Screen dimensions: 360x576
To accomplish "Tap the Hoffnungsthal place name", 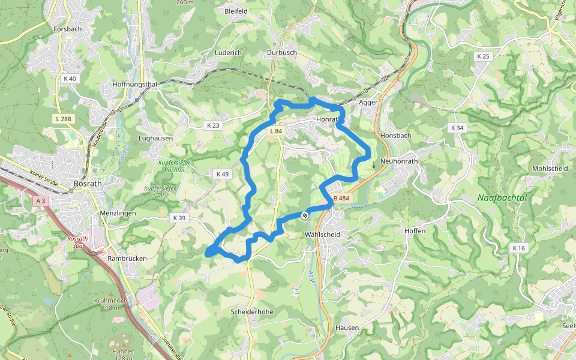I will coord(134,85).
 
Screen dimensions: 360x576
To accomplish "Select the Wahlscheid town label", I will coord(322,235).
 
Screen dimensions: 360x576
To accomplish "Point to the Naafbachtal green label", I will coord(502,197).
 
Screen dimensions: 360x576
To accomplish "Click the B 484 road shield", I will coord(341,199).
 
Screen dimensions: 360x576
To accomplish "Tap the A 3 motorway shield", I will coord(40,202).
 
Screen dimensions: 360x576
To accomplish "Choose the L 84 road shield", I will coord(276,131).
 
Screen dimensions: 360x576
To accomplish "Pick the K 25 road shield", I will coord(483,56).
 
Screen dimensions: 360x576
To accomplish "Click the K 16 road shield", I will coord(518,247).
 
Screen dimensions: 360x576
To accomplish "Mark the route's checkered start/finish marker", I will coord(305,215).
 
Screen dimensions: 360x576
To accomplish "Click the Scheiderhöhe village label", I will coord(252,312).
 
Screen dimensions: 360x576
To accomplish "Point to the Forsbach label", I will coord(67,29).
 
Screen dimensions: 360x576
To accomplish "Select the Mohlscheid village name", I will coord(550,169).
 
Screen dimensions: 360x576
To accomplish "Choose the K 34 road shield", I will coord(457,128).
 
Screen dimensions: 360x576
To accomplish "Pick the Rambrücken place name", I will coord(127,259).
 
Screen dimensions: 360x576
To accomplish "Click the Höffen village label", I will coord(415,231).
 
